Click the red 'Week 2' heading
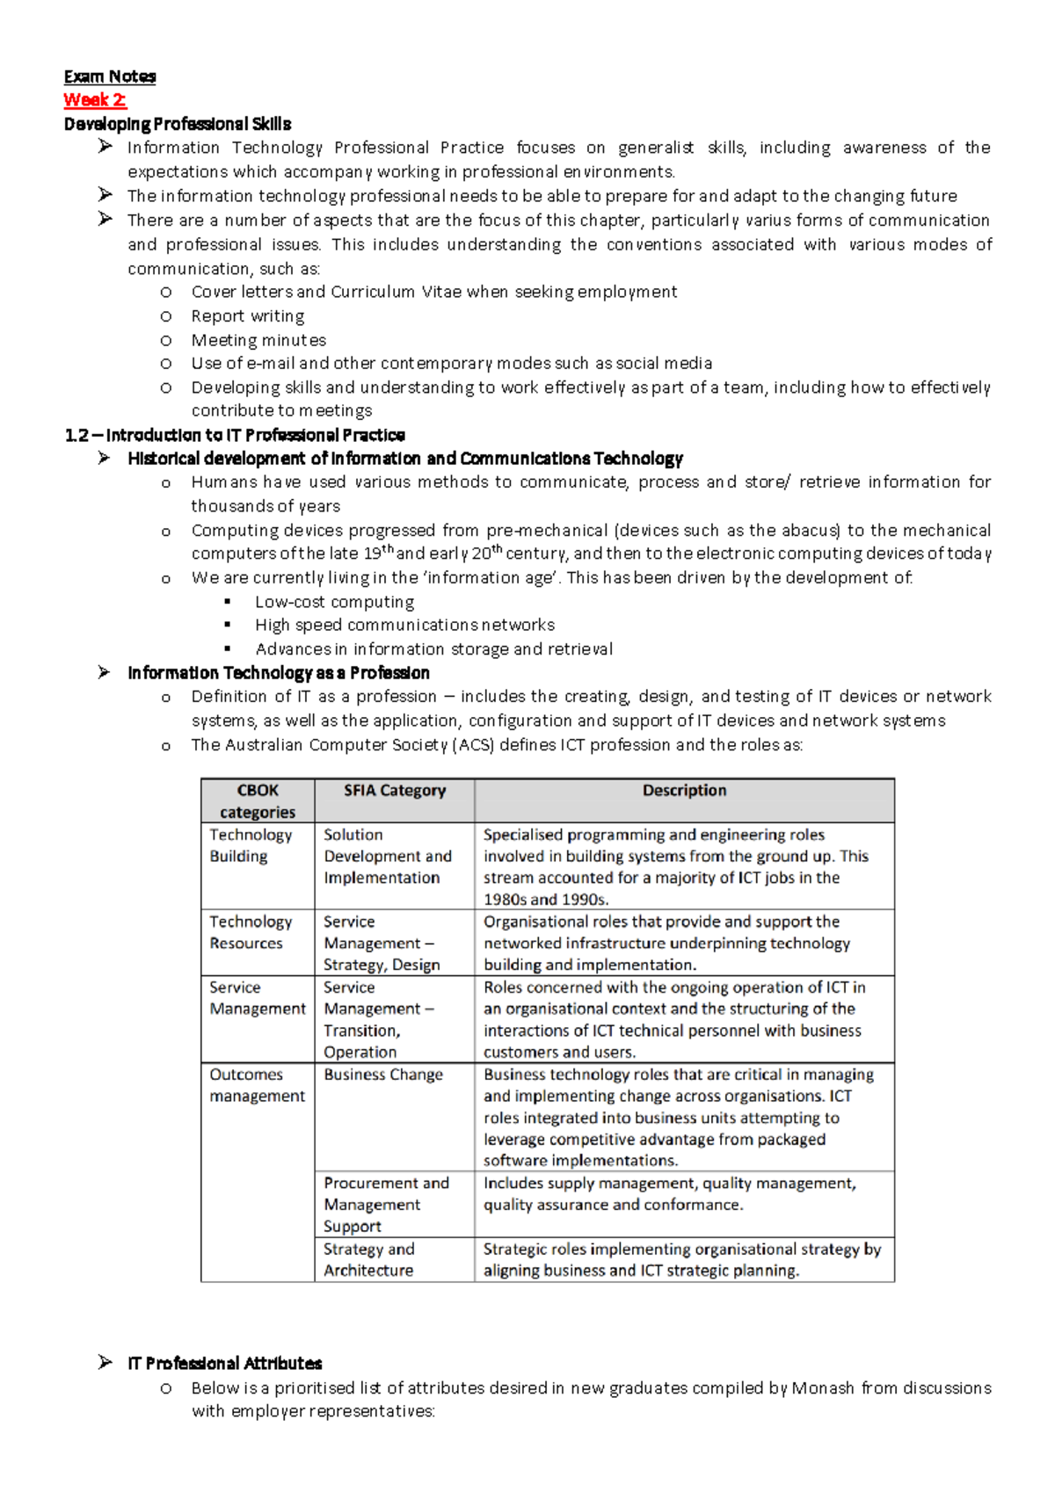(x=95, y=100)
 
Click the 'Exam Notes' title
(x=110, y=76)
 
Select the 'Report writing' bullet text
(x=248, y=316)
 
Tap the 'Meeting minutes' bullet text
(x=258, y=340)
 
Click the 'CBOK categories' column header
(x=257, y=800)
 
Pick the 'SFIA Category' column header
(x=395, y=791)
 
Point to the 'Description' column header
(x=684, y=791)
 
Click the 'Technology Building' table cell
(x=250, y=845)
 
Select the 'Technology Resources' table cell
(x=250, y=932)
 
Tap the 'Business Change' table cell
(x=383, y=1075)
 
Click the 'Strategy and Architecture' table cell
(x=368, y=1260)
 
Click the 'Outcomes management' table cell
(x=257, y=1085)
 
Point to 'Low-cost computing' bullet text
(x=334, y=602)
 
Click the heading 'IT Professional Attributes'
(x=225, y=1364)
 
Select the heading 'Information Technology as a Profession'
(x=279, y=673)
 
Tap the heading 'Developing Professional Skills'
(x=178, y=124)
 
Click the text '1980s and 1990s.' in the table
(x=546, y=900)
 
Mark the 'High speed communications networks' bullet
(x=404, y=625)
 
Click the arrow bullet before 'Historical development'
(x=105, y=458)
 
